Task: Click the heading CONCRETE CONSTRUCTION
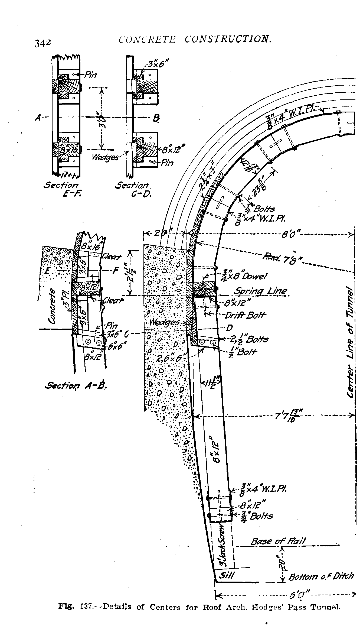pyautogui.click(x=195, y=40)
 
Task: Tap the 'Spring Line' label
pyautogui.click(x=260, y=291)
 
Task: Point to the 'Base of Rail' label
pyautogui.click(x=278, y=541)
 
